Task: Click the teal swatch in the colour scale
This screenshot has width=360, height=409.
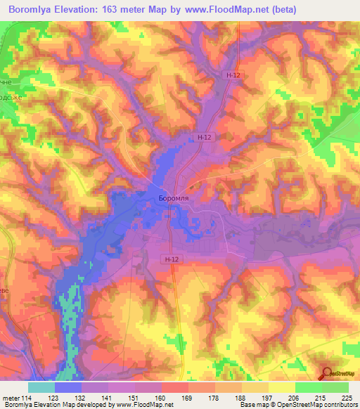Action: click(x=41, y=387)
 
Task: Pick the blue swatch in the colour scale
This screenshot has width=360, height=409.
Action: click(x=68, y=387)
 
